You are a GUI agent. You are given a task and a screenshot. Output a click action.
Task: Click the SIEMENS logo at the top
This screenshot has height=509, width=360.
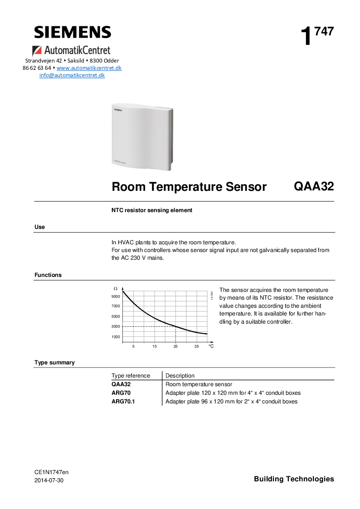[73, 32]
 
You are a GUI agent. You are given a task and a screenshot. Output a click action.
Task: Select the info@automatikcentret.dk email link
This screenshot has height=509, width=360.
[72, 75]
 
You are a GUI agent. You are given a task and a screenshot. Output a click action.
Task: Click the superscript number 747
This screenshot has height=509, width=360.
[325, 31]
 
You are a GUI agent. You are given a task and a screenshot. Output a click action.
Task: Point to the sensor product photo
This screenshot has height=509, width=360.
[142, 136]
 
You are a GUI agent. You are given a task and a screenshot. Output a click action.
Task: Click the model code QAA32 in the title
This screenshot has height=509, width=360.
[314, 187]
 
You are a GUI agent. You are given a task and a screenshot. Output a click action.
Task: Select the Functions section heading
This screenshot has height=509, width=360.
[48, 275]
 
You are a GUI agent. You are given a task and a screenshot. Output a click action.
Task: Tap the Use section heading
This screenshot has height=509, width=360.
[40, 227]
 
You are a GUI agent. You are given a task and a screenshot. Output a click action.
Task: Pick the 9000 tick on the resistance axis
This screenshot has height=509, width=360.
[116, 296]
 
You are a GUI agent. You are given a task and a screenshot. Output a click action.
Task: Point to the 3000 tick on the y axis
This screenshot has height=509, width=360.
[116, 326]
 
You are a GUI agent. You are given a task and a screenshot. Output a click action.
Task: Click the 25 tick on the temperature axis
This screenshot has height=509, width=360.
[175, 346]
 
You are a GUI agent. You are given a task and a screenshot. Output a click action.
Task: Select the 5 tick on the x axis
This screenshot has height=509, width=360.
[133, 346]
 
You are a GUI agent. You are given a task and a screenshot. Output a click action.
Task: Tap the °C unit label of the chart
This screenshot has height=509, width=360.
[211, 346]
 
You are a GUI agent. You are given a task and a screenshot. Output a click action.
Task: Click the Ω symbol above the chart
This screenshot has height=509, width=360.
[115, 288]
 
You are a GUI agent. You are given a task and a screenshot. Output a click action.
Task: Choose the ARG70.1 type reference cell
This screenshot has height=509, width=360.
[123, 402]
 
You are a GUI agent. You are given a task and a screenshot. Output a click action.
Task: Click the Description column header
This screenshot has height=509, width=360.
[180, 376]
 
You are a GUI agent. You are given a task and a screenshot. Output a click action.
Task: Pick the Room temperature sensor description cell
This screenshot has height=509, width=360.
[199, 384]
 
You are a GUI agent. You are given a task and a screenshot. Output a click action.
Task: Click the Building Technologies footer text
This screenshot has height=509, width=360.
[294, 479]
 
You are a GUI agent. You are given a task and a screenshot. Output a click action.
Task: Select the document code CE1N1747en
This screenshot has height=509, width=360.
[51, 472]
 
